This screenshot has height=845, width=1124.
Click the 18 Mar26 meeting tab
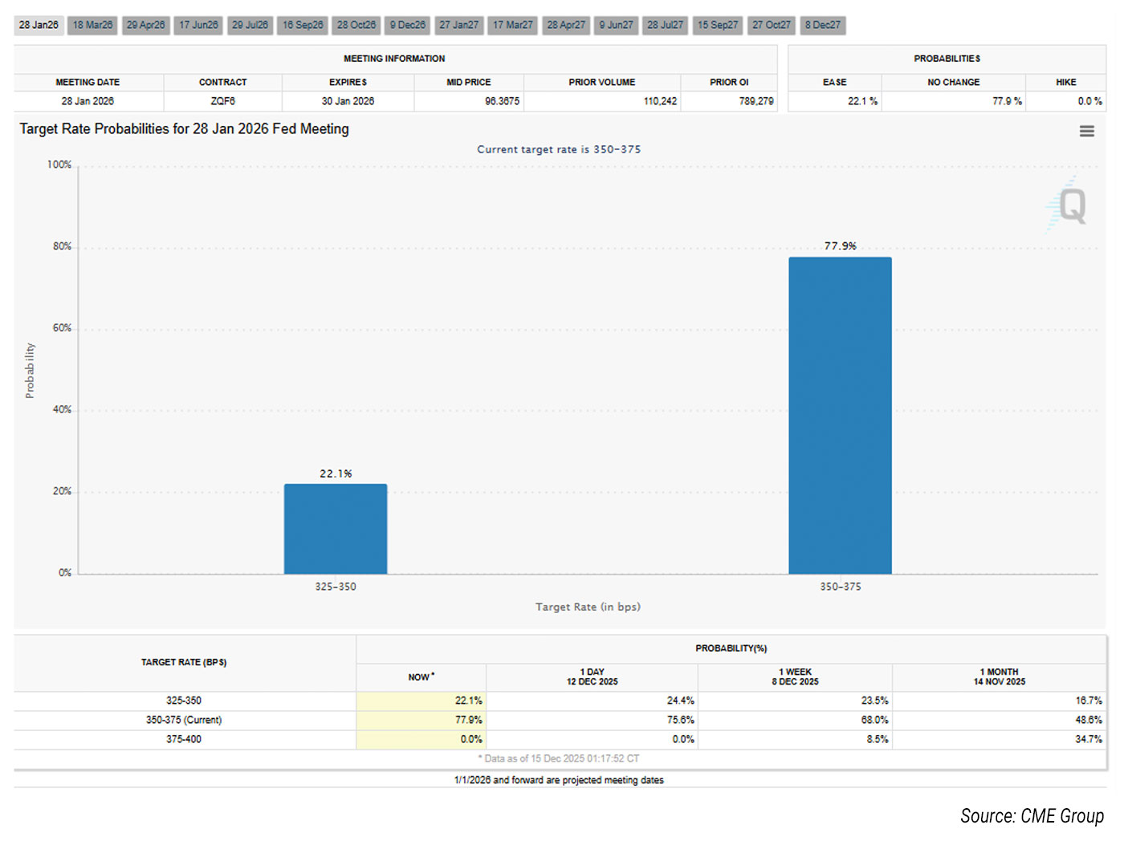tap(92, 25)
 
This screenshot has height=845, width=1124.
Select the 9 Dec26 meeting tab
tap(408, 25)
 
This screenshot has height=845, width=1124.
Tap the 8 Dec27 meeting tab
tap(823, 25)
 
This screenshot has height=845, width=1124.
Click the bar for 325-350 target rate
tap(336, 529)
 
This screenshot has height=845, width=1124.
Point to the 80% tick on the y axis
tap(62, 246)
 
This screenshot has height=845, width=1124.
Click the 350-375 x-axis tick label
tap(840, 587)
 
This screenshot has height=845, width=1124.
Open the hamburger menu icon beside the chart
tap(1086, 131)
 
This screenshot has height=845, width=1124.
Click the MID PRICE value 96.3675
tap(502, 101)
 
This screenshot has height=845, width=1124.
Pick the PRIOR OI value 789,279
tap(756, 101)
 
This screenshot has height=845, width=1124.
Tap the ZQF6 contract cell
tap(223, 101)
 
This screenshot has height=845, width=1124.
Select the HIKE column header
tap(1065, 82)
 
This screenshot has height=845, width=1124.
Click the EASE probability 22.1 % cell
tap(862, 101)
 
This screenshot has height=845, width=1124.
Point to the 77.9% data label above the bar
tap(840, 246)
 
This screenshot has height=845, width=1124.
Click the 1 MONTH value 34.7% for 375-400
tap(1089, 739)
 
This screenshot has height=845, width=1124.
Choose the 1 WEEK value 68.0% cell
tap(874, 720)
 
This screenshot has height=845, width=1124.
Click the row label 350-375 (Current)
tap(184, 720)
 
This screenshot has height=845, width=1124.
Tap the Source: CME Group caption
tap(1032, 816)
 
